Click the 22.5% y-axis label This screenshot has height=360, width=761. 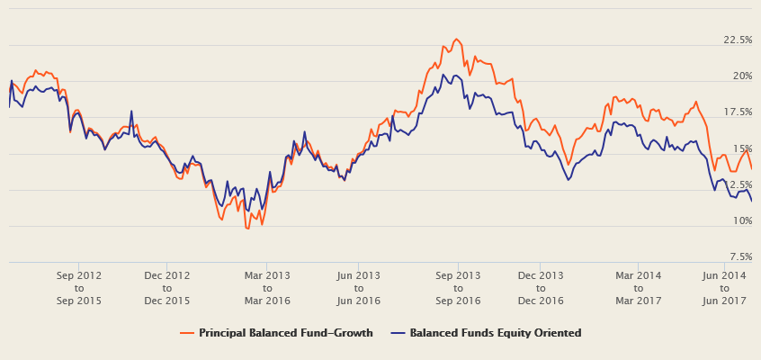[738, 40]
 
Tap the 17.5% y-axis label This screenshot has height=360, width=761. [738, 112]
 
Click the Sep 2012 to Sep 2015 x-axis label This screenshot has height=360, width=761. [78, 288]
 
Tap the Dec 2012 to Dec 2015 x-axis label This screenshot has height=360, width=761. [166, 288]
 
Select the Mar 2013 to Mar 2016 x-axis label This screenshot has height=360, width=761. [267, 288]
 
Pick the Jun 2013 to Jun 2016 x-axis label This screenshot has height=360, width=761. [357, 288]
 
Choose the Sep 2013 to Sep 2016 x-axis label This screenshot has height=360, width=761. [458, 288]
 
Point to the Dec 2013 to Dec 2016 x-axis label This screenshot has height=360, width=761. [541, 288]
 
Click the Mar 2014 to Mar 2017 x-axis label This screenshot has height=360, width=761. [638, 288]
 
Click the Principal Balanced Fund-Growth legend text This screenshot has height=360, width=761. [285, 333]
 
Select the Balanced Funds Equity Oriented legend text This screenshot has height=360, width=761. [495, 333]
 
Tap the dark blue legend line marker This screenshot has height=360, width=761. [398, 333]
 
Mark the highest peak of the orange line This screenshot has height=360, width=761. [457, 39]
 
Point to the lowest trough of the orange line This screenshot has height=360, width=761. [247, 229]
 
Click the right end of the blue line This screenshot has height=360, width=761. [751, 200]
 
